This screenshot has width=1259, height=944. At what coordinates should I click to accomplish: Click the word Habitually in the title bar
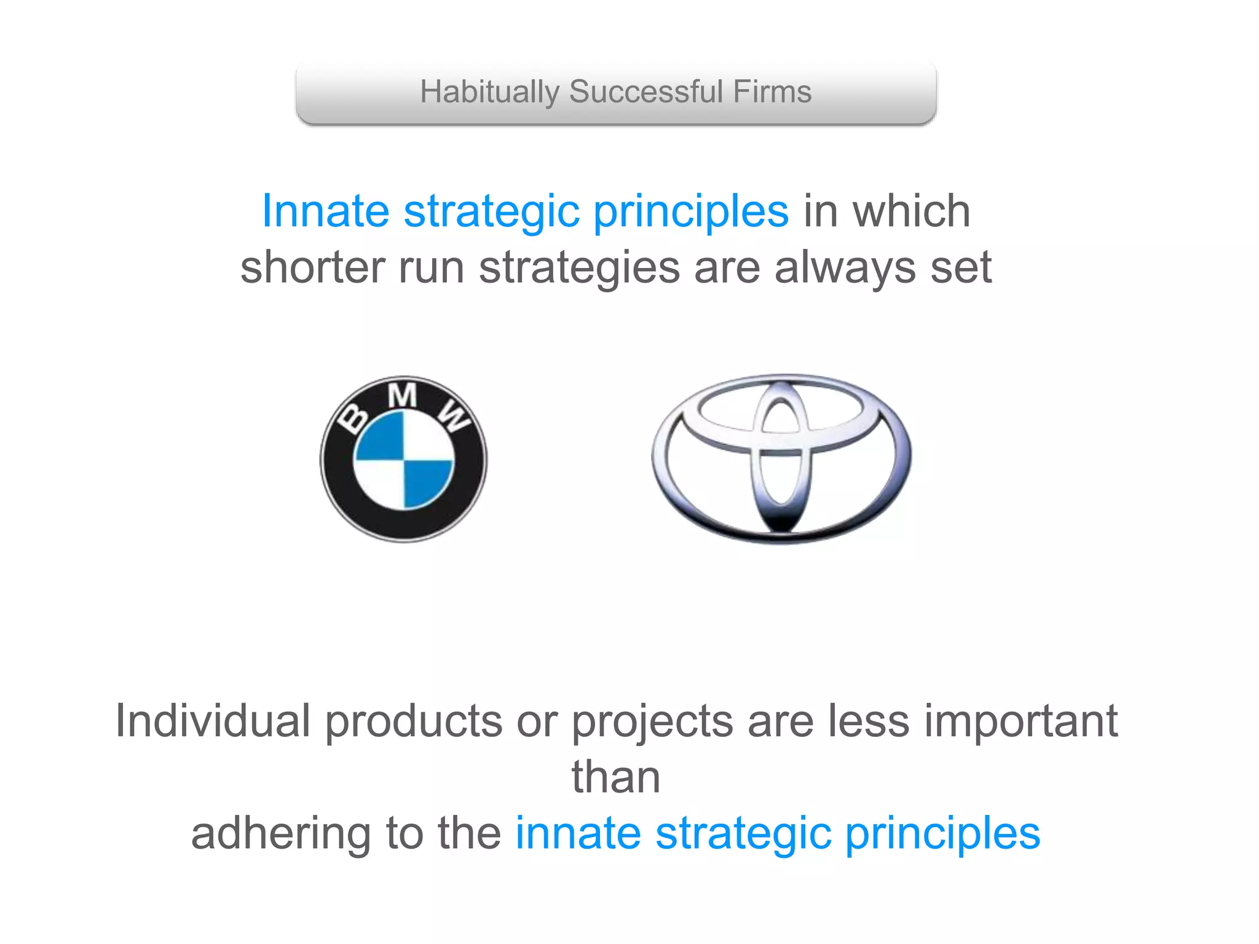click(489, 93)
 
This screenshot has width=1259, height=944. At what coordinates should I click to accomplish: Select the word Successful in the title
click(645, 92)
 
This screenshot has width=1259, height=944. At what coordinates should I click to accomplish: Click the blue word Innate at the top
click(326, 211)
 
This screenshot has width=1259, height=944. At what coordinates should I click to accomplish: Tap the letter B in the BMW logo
click(355, 419)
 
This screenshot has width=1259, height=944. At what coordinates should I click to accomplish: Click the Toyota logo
click(781, 458)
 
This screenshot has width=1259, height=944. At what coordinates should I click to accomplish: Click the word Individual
click(213, 721)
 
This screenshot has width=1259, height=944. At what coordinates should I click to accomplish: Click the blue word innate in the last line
click(578, 833)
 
